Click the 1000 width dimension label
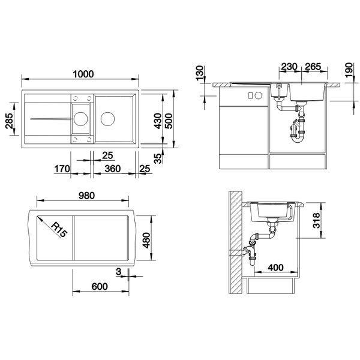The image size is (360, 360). click(x=83, y=74)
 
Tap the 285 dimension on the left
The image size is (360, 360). click(x=10, y=121)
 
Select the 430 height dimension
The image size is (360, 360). click(x=158, y=121)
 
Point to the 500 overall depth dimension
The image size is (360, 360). click(x=169, y=121)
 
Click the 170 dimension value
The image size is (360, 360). click(x=62, y=169)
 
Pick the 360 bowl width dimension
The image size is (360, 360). click(x=113, y=169)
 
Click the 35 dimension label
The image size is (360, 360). click(x=158, y=158)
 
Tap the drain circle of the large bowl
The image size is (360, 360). click(x=107, y=119)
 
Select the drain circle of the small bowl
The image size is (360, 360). click(x=80, y=119)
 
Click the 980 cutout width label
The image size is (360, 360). click(x=86, y=196)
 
